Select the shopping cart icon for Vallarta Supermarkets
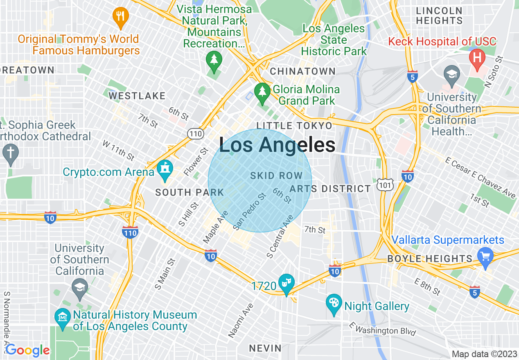pos(485,257)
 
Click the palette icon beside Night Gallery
pos(334,304)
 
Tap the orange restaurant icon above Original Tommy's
pos(120,17)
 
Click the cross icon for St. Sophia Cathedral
pos(10,153)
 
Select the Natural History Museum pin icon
pos(63,317)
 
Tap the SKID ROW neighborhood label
pos(276,176)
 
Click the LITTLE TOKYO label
pos(294,126)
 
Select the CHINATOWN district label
pos(302,71)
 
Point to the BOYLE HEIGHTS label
pos(430,259)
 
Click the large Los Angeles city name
pos(277,145)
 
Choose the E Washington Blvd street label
pos(382,328)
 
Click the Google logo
pos(27,350)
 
